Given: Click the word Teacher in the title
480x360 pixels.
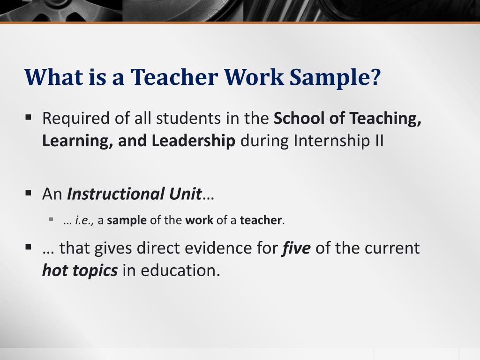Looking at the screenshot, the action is tap(174, 76).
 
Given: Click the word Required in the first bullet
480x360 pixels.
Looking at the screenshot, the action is tap(75, 119).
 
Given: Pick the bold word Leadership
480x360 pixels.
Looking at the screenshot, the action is tap(194, 141).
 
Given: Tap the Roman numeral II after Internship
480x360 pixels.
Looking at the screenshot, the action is tap(378, 141).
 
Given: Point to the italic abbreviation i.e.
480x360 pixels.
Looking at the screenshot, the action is tap(84, 220).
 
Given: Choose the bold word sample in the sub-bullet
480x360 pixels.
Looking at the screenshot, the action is tap(127, 220).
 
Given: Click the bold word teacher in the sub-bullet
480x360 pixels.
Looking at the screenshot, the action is tap(261, 220).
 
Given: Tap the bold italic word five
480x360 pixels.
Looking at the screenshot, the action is tap(296, 247).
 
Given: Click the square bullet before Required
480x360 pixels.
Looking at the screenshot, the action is tap(29, 117).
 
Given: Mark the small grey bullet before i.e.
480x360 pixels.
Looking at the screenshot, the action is tap(51, 219).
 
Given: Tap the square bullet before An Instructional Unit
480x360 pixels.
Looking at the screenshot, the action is tap(29, 193).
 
